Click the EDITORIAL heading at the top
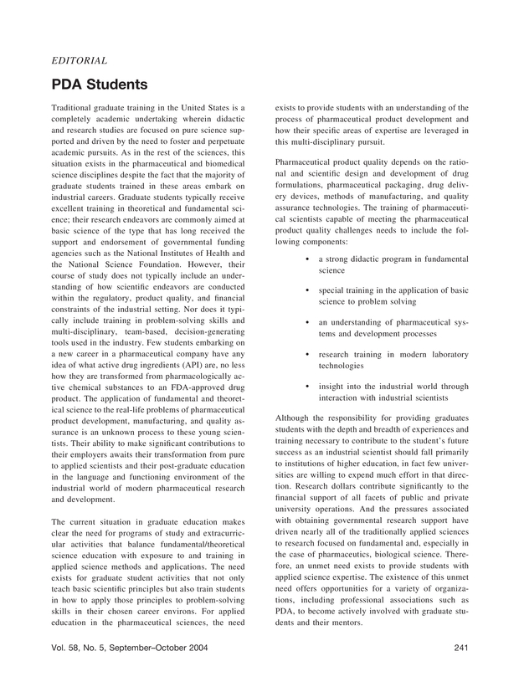(x=79, y=60)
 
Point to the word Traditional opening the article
(x=75, y=108)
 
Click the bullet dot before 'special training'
(x=309, y=290)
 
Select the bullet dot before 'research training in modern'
(x=309, y=355)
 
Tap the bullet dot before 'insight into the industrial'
(x=309, y=387)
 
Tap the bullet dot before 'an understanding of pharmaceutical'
(x=309, y=322)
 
